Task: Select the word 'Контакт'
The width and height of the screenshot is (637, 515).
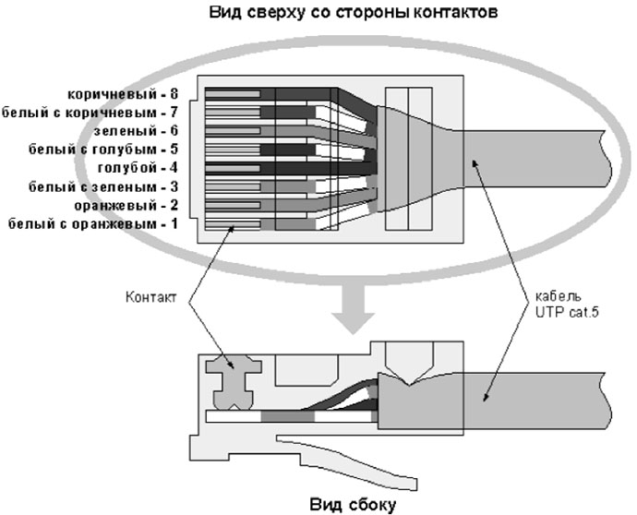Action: tap(149, 297)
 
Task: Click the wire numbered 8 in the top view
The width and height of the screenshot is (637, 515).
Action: tap(277, 93)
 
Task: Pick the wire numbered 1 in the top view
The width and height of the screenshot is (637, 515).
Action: tap(277, 223)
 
